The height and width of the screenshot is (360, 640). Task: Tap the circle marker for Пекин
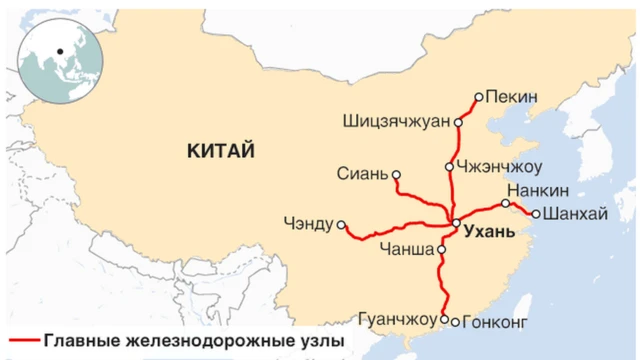click(x=479, y=97)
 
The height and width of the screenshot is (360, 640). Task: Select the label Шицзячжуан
click(x=396, y=123)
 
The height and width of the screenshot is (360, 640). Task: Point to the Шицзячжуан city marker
click(x=458, y=123)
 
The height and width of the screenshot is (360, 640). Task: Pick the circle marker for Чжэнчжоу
click(x=450, y=166)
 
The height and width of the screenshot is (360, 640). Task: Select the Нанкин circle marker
click(x=506, y=203)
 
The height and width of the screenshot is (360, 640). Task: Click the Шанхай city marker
click(x=536, y=213)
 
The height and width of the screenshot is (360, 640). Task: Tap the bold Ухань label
click(x=489, y=231)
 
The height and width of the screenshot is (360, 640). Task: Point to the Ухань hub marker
click(x=455, y=223)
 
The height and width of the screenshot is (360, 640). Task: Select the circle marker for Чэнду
click(x=341, y=225)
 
